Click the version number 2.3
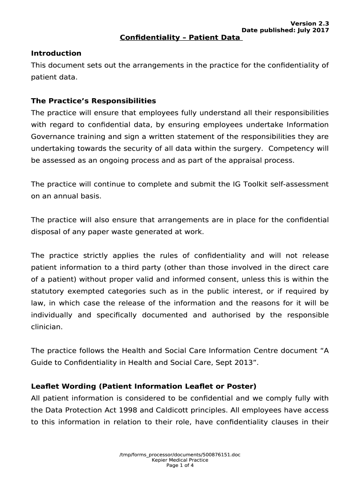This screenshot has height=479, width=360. point(324,24)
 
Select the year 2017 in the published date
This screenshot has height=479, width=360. point(320,30)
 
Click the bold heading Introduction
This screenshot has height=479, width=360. point(56,53)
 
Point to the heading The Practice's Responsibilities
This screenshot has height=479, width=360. point(94,101)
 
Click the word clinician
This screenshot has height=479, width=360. point(46,327)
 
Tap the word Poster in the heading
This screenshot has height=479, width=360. point(242,386)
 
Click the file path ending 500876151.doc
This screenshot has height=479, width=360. point(180,455)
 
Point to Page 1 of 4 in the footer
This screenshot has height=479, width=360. point(180,465)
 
